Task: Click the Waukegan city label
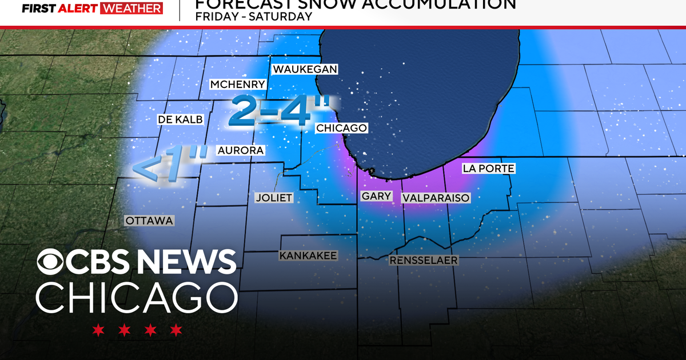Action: point(305,69)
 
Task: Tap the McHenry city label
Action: point(237,85)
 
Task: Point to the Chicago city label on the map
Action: point(341,128)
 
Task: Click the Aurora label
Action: point(240,150)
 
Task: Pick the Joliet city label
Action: point(273,198)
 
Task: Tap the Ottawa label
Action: point(149,221)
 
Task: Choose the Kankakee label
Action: point(308,255)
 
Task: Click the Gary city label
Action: point(376,196)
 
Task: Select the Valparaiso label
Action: point(436,198)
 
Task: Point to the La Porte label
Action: point(488,169)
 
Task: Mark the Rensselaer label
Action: point(424,261)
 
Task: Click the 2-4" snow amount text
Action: point(279,111)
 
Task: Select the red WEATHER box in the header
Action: point(131,9)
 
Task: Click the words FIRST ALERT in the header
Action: point(59,9)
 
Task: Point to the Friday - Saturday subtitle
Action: point(253,17)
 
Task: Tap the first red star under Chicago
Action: point(98,330)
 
